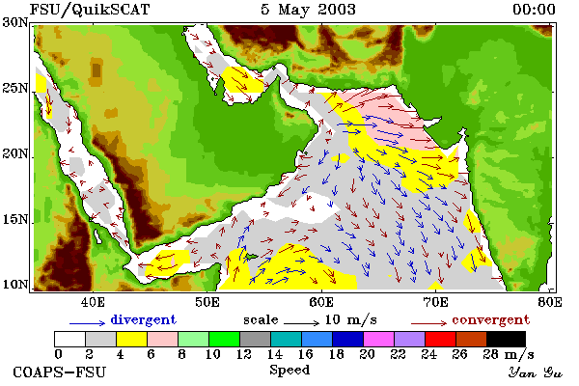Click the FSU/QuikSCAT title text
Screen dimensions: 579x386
coord(90,10)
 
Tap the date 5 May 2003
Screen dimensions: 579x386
coord(308,10)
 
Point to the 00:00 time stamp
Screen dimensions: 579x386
coord(534,10)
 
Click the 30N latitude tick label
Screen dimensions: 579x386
coord(15,23)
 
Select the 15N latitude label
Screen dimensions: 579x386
coord(15,220)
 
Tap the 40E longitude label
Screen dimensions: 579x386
coord(93,302)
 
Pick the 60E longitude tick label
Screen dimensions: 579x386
coord(321,302)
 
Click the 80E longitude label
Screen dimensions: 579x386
coord(550,302)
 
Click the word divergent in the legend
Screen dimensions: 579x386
coord(143,319)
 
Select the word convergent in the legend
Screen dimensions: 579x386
coord(491,319)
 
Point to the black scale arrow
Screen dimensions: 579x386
coord(301,323)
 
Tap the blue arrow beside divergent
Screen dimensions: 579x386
coord(88,323)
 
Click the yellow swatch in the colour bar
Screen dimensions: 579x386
coord(132,339)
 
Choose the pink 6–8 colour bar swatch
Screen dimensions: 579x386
coord(162,339)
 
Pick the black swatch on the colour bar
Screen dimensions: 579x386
coord(506,339)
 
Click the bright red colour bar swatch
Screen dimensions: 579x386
coord(441,339)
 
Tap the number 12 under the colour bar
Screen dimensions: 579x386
coord(244,354)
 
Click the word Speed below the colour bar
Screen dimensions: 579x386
coord(289,371)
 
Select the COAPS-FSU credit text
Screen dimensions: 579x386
coord(60,372)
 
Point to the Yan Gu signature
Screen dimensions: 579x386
coord(535,372)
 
